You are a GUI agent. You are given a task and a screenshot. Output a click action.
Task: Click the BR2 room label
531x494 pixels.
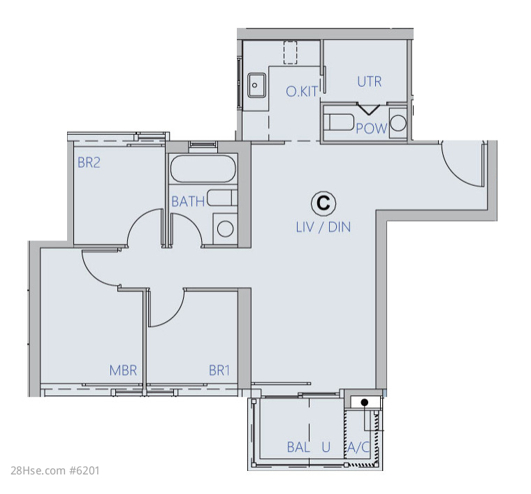(89, 163)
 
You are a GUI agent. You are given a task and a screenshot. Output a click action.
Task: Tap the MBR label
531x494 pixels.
(123, 370)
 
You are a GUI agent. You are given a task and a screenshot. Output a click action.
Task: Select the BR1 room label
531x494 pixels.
(219, 370)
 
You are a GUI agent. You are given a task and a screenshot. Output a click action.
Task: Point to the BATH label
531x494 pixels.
(188, 202)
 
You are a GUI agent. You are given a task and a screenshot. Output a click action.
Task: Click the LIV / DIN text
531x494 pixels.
(323, 227)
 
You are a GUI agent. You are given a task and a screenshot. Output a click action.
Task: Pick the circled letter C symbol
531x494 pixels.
(323, 203)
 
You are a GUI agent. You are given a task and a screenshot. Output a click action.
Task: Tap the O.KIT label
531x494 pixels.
(302, 92)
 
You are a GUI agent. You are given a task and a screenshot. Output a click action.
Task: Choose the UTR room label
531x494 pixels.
(370, 82)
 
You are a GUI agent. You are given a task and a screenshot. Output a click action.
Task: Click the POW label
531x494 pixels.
(372, 129)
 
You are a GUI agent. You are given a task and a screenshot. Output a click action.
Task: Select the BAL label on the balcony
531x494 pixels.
(298, 447)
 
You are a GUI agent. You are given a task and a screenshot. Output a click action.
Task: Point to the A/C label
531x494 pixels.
(358, 447)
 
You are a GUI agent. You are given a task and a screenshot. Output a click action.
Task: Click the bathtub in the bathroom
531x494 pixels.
(203, 168)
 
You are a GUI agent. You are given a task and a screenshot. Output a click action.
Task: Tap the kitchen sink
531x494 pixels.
(256, 85)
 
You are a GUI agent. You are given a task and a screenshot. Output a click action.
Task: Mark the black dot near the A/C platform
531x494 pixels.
(365, 402)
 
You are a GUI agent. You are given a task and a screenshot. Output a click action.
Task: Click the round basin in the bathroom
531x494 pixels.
(225, 228)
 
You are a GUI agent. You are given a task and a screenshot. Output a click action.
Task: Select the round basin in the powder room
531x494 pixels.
(398, 123)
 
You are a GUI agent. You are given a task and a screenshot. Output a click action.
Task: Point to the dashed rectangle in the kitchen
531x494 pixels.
(290, 52)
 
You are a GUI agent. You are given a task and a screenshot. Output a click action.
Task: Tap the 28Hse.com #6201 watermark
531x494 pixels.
(55, 471)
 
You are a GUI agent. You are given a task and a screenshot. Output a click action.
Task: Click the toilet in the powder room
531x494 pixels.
(339, 122)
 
